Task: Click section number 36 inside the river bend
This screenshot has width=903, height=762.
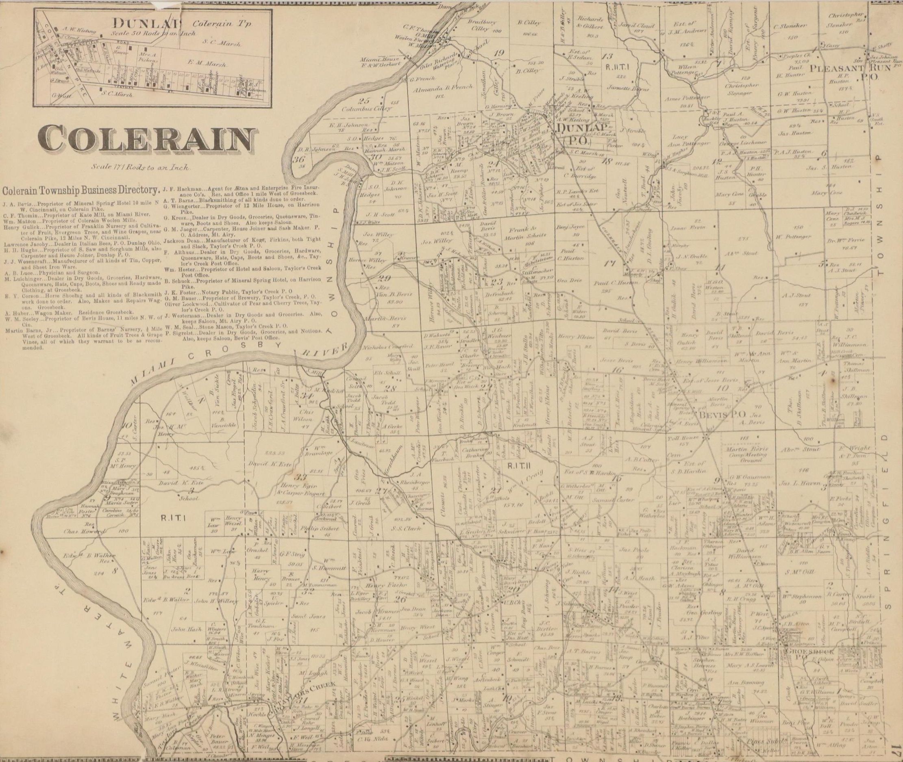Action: point(298,159)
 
